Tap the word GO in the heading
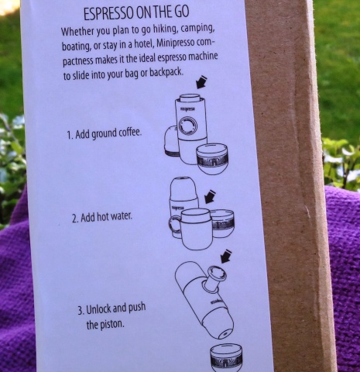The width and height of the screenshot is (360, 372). coord(182,12)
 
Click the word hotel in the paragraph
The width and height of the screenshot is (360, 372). coord(145,44)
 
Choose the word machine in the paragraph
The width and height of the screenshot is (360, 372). coord(203,57)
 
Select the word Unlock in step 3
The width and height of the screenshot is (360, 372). coord(98,309)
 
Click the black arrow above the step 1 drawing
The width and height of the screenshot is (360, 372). coord(201,82)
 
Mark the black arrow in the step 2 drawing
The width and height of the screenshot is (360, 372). coord(210,197)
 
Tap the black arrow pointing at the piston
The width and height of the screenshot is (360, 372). coord(226,257)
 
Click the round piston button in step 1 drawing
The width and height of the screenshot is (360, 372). coord(188,126)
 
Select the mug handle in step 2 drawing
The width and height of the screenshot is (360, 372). coord(175,226)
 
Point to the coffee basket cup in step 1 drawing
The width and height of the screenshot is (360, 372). coord(212,159)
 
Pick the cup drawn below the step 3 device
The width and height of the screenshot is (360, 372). coord(226,358)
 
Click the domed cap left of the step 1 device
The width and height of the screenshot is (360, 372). coord(171,141)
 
